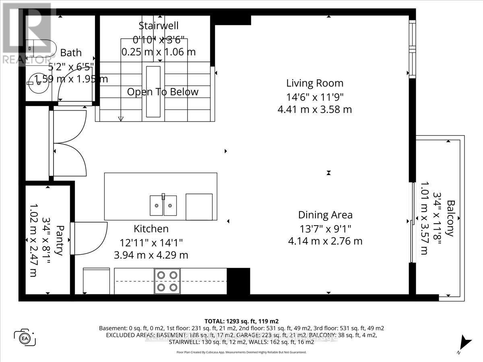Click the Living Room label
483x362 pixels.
coord(315,83)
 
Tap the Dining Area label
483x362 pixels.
coord(325,215)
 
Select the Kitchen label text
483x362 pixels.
coord(151,229)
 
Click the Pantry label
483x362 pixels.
coord(59,240)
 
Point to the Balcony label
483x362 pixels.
coord(450,218)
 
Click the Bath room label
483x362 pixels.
coord(71,53)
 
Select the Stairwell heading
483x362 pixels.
coord(158,26)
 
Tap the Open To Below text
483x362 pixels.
coord(163,92)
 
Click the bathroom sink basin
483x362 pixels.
coord(39,83)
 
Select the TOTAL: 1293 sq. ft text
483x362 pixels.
coord(242,321)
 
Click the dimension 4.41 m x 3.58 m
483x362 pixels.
coord(315,109)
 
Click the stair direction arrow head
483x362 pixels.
coord(120,118)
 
